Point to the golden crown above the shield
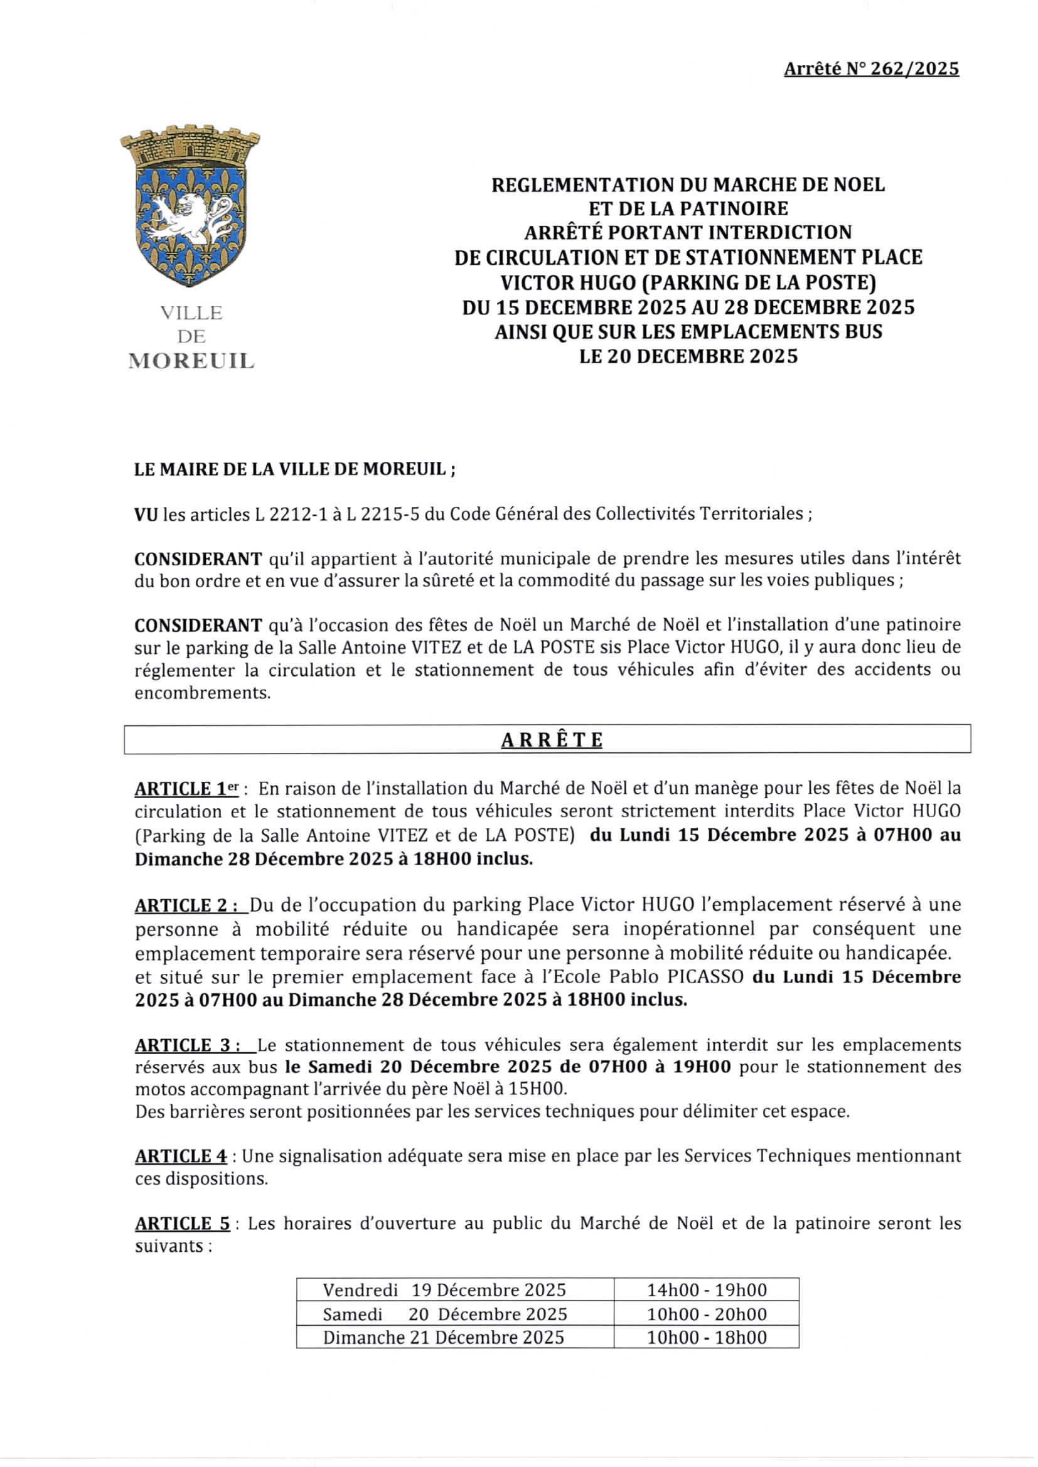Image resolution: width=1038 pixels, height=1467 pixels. pyautogui.click(x=190, y=146)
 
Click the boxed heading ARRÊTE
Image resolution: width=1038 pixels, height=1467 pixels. pyautogui.click(x=552, y=740)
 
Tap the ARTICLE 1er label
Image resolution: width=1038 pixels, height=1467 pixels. pyautogui.click(x=186, y=789)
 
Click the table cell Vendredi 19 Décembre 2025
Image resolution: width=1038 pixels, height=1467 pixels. pyautogui.click(x=444, y=1290)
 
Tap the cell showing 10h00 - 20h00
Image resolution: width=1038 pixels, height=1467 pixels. pyautogui.click(x=706, y=1315)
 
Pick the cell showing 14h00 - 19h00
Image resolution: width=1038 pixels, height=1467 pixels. pyautogui.click(x=706, y=1290)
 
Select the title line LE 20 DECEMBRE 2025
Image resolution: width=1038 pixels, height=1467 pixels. pyautogui.click(x=688, y=356)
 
